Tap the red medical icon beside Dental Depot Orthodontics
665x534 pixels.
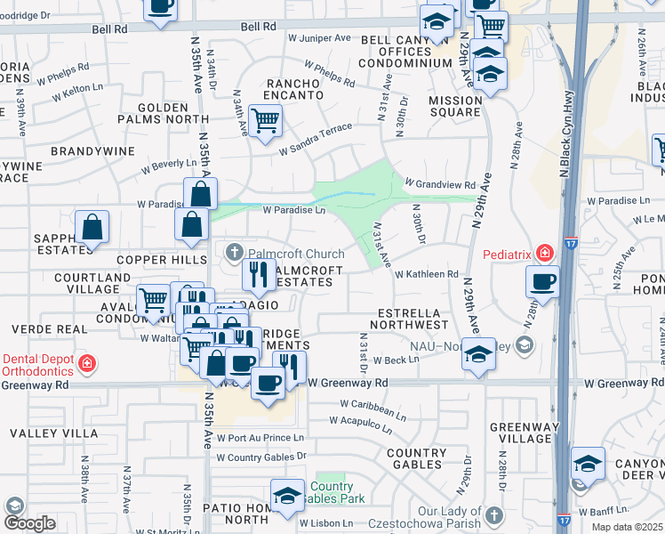pyautogui.click(x=86, y=363)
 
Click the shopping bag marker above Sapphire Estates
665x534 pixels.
pyautogui.click(x=92, y=228)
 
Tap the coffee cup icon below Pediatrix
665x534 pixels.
pyautogui.click(x=542, y=282)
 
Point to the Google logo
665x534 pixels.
pyautogui.click(x=28, y=523)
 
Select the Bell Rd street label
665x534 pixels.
pyautogui.click(x=110, y=29)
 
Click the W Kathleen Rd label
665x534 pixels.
pyautogui.click(x=426, y=275)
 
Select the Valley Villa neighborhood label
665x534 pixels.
pyautogui.click(x=54, y=433)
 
